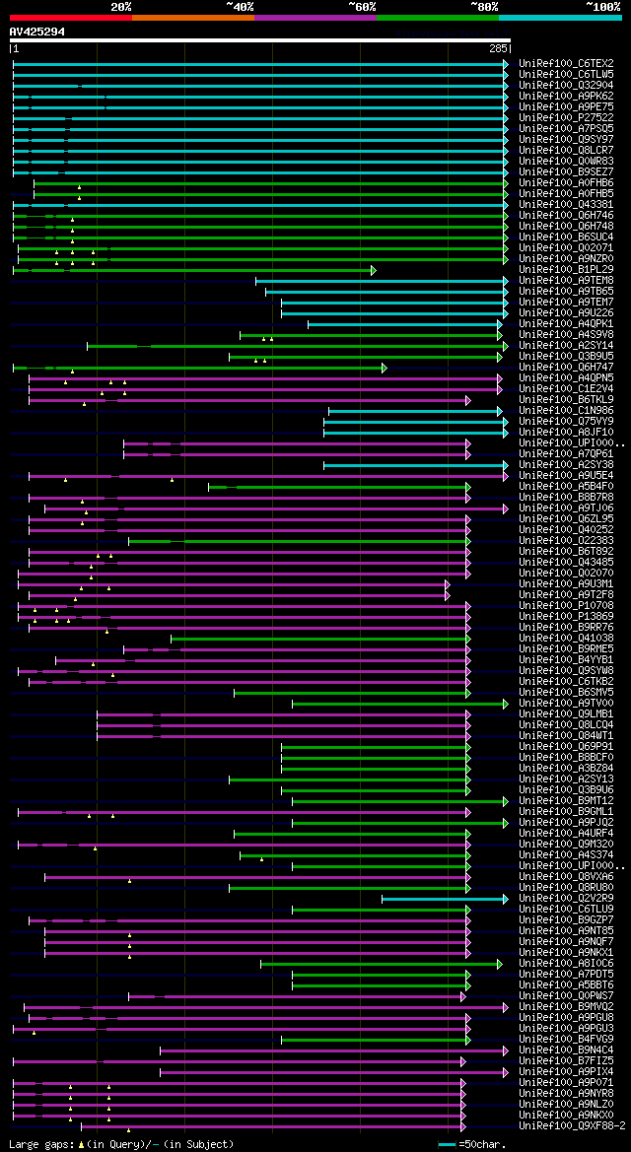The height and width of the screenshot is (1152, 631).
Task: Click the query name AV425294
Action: (37, 32)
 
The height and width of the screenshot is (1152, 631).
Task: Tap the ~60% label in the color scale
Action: (362, 7)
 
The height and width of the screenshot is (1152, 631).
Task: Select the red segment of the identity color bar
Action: (70, 17)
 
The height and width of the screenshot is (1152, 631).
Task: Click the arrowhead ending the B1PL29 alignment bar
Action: (374, 269)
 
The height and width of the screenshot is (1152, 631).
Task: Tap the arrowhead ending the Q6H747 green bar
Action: (384, 368)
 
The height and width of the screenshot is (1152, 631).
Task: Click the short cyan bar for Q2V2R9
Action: (444, 899)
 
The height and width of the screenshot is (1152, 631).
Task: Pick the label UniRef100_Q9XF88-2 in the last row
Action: (573, 1126)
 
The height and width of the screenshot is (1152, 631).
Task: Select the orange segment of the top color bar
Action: (192, 17)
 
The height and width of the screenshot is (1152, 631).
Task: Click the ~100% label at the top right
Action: (602, 7)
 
